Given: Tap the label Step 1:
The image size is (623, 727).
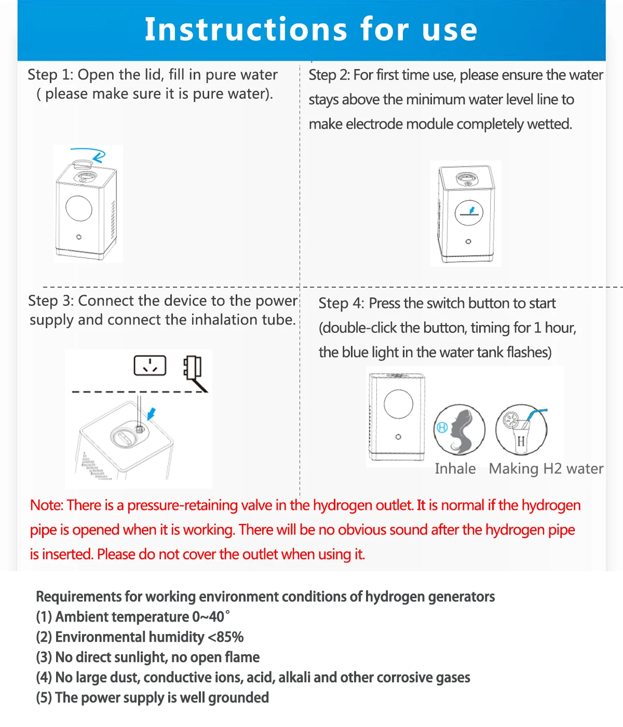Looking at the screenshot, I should pos(50,75).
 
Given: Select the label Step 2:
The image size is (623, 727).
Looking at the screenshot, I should pos(329,75).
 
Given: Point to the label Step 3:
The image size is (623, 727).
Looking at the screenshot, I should pos(51,301).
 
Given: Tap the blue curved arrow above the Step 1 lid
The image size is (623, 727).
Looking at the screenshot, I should pos(93,154).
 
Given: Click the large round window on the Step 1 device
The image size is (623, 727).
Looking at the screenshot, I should pos(79,208).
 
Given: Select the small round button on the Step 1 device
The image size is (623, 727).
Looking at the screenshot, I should pos(79,237).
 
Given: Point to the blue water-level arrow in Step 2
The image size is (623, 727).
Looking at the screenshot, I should pos(472,210).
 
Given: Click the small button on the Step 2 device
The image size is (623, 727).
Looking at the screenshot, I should pos(468,241).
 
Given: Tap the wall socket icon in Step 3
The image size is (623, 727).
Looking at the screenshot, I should pos(150,365).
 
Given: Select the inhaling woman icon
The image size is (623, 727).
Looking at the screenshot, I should pos(459,429).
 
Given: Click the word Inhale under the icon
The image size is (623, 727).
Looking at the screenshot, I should pos(455,468).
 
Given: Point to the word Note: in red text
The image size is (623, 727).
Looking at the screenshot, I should pos(47,505).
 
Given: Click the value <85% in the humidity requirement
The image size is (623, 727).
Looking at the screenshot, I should pos(226,637).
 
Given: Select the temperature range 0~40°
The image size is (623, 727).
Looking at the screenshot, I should pos(211,617).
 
